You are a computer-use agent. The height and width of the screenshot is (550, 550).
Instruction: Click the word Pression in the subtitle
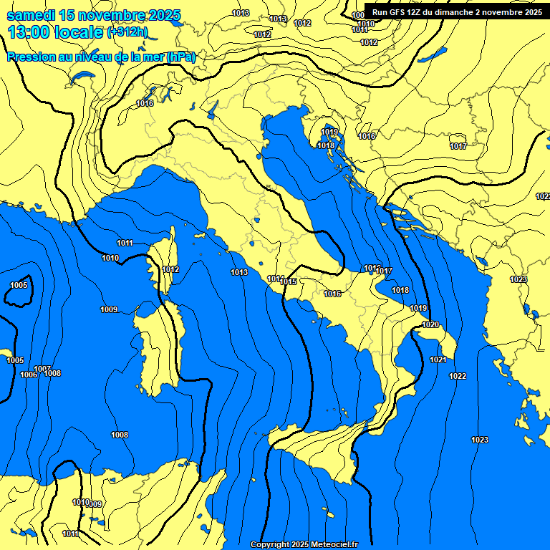tap(29, 57)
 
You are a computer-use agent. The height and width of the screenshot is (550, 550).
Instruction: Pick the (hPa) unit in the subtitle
tap(180, 57)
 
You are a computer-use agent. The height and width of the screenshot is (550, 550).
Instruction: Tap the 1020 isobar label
tap(430, 324)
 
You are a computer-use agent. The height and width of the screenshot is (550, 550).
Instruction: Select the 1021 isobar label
tap(438, 360)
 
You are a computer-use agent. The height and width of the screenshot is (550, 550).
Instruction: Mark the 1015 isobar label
tap(289, 281)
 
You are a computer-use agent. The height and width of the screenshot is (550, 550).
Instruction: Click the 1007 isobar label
tap(42, 369)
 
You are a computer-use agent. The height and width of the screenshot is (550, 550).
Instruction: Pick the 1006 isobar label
tap(29, 375)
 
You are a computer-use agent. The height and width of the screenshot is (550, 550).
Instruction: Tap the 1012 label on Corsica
tap(170, 269)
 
